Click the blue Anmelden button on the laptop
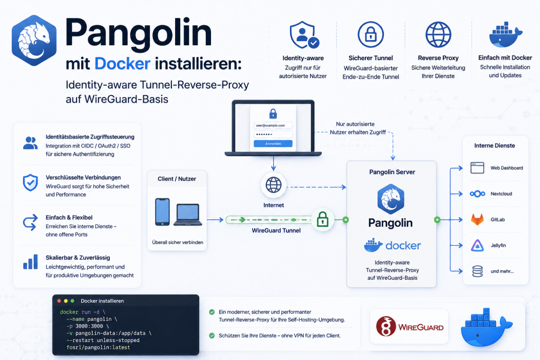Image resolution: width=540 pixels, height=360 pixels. (273, 143)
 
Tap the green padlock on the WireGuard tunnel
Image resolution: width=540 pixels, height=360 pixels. (322, 219)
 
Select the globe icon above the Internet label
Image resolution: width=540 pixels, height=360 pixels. (274, 185)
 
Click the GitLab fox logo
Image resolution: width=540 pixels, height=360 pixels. (477, 220)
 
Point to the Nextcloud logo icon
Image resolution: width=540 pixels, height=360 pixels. (477, 194)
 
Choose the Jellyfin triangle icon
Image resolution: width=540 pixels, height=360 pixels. (477, 246)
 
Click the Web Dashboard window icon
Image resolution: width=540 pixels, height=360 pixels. (477, 168)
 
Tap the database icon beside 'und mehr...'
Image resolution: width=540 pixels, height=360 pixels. (477, 271)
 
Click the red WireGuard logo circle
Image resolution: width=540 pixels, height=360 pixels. (386, 326)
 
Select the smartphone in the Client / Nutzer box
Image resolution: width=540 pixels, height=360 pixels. (162, 212)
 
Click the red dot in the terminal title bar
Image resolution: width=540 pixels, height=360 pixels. (59, 301)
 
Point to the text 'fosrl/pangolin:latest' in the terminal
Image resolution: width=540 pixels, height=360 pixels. (99, 347)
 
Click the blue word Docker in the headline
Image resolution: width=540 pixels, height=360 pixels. (122, 64)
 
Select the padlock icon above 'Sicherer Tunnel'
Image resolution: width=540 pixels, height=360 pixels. (371, 34)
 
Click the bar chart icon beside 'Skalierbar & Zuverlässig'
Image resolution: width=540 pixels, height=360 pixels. (30, 262)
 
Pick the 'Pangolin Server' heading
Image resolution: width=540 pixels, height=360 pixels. (392, 172)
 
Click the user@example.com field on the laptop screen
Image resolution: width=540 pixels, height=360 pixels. (273, 125)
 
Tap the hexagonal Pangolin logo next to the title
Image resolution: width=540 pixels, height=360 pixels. (34, 40)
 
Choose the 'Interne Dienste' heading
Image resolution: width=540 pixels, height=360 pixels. (495, 145)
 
